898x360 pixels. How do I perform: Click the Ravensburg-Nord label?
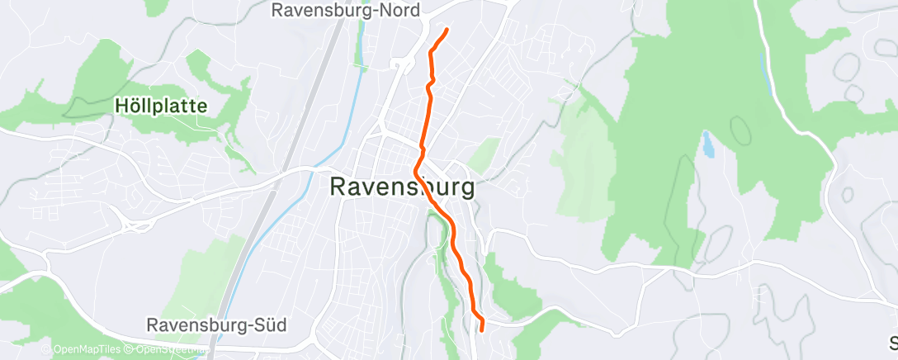(x=346, y=10)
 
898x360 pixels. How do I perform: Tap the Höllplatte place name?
(x=161, y=107)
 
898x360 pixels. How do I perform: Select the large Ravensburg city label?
(x=403, y=187)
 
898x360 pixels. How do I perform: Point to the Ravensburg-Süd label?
(x=216, y=325)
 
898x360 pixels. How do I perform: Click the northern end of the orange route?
(x=447, y=30)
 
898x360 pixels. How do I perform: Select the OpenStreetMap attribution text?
(x=168, y=350)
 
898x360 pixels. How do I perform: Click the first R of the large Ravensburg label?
(x=338, y=187)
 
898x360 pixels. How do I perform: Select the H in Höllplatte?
(x=121, y=107)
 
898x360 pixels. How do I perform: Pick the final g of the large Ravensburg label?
(x=466, y=189)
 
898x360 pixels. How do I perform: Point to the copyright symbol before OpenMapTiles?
(x=46, y=350)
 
